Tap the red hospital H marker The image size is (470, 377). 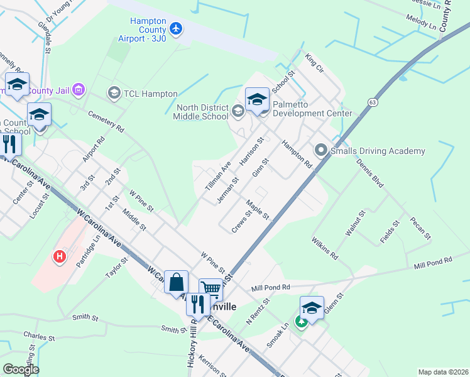[60, 256]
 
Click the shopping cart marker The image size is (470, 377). [211, 289]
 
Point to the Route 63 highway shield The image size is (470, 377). [373, 101]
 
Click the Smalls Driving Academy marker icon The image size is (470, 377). [321, 151]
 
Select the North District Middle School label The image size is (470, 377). [202, 112]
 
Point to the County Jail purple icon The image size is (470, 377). [79, 90]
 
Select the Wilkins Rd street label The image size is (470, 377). [324, 248]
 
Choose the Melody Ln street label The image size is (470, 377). [421, 25]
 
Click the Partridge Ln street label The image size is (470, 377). [87, 251]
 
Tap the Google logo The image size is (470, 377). [21, 369]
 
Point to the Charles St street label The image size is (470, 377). [37, 337]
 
